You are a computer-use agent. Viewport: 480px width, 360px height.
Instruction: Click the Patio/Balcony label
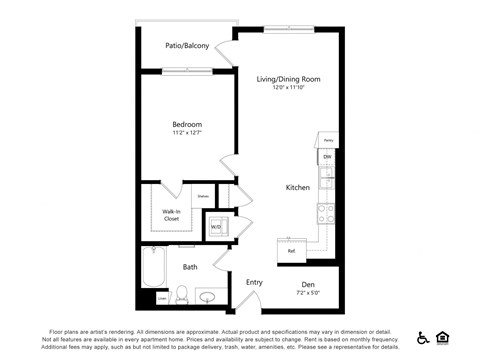pyautogui.click(x=187, y=46)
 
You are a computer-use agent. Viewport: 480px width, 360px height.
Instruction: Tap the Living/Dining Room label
pyautogui.click(x=288, y=79)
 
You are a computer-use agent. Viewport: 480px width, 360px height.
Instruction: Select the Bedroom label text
pyautogui.click(x=187, y=124)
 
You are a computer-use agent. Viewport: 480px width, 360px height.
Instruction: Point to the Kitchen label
pyautogui.click(x=298, y=187)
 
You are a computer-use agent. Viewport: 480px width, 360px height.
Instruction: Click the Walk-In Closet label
pyautogui.click(x=171, y=214)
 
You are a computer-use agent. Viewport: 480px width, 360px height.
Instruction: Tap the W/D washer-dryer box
pyautogui.click(x=216, y=227)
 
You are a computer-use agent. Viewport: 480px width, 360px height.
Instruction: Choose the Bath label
pyautogui.click(x=190, y=267)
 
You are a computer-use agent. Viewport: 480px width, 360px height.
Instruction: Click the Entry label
pyautogui.click(x=254, y=282)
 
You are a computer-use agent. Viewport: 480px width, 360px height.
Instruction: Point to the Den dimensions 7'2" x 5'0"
pyautogui.click(x=306, y=292)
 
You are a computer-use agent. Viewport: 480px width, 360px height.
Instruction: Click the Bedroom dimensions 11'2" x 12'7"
pyautogui.click(x=187, y=134)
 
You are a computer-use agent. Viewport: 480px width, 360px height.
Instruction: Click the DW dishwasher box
pyautogui.click(x=327, y=157)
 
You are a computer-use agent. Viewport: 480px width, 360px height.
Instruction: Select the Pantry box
pyautogui.click(x=327, y=139)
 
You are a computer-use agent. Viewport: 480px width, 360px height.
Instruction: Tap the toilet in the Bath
pyautogui.click(x=182, y=294)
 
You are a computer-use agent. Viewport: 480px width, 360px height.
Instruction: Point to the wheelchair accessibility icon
pyautogui.click(x=423, y=337)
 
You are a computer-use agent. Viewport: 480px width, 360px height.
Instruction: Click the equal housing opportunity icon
pyautogui.click(x=443, y=337)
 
